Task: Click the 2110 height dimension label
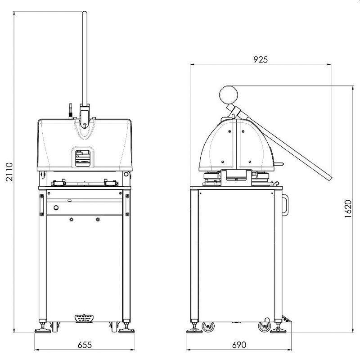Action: pyautogui.click(x=9, y=172)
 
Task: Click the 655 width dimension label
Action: pyautogui.click(x=85, y=345)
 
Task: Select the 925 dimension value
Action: pyautogui.click(x=261, y=60)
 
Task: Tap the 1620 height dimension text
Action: pyautogui.click(x=348, y=209)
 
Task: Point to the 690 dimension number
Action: pyautogui.click(x=239, y=345)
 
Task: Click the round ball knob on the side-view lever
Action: pyautogui.click(x=229, y=95)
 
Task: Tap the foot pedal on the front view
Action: pyautogui.click(x=84, y=319)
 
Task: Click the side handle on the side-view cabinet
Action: pyautogui.click(x=285, y=205)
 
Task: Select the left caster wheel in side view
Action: pyautogui.click(x=208, y=327)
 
